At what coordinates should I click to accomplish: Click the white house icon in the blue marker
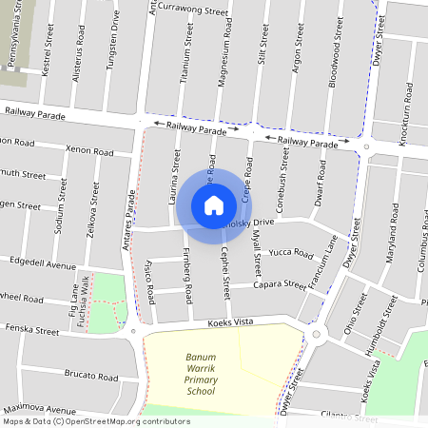pos(214,204)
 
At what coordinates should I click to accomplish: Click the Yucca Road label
pos(291,254)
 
